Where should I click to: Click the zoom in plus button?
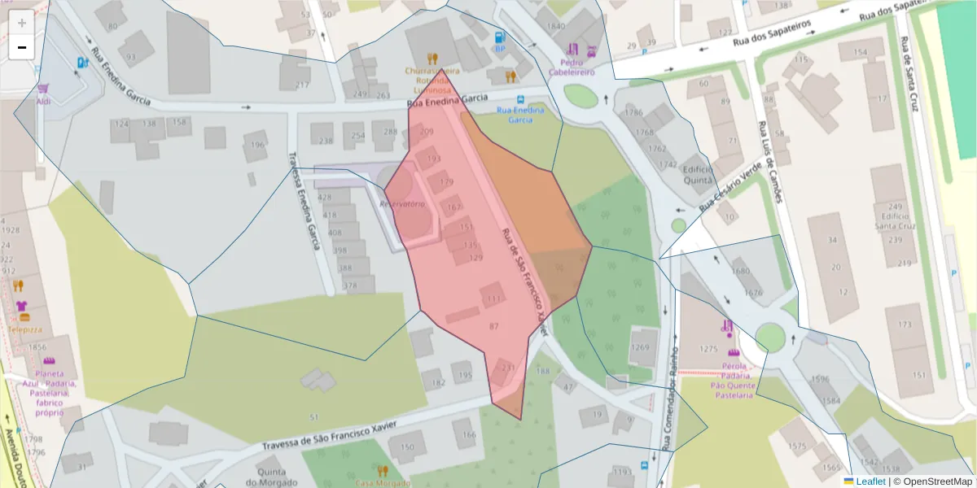pyautogui.click(x=22, y=23)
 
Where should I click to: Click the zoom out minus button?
pyautogui.click(x=22, y=47)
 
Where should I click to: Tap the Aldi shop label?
pyautogui.click(x=43, y=101)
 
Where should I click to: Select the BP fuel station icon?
pyautogui.click(x=500, y=37)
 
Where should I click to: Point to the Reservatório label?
pyautogui.click(x=403, y=204)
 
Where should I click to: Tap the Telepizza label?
pyautogui.click(x=25, y=330)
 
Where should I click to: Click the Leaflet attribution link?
pyautogui.click(x=864, y=481)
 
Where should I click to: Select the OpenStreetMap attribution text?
pyautogui.click(x=932, y=481)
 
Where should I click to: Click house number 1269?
pyautogui.click(x=641, y=348)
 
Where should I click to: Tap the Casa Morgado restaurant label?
pyautogui.click(x=383, y=482)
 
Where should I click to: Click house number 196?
pyautogui.click(x=258, y=146)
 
